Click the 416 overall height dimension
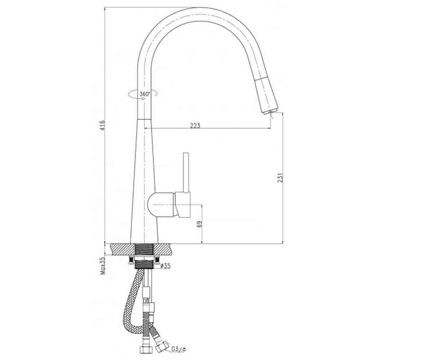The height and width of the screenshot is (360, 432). pyautogui.click(x=103, y=125)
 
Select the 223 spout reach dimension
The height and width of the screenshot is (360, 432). pyautogui.click(x=195, y=125)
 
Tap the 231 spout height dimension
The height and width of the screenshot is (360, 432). pyautogui.click(x=280, y=177)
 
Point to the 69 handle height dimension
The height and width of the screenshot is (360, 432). pyautogui.click(x=199, y=224)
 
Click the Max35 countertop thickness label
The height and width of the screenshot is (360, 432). pyautogui.click(x=103, y=265)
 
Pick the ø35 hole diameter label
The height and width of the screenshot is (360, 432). pyautogui.click(x=166, y=266)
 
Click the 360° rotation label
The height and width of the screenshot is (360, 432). pyautogui.click(x=145, y=94)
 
